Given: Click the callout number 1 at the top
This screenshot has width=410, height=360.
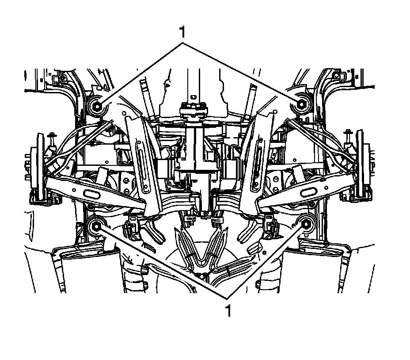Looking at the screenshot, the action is tap(182, 32).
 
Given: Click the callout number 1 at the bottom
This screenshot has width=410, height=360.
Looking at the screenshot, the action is tap(228, 311).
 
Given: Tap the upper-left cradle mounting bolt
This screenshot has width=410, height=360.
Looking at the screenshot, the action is tap(97, 106).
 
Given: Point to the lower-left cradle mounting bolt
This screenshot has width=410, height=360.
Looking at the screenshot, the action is tap(96, 226).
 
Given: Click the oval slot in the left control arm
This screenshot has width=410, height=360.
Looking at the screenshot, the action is tap(91, 195).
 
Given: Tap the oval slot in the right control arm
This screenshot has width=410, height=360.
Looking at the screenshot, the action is tap(310, 193).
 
